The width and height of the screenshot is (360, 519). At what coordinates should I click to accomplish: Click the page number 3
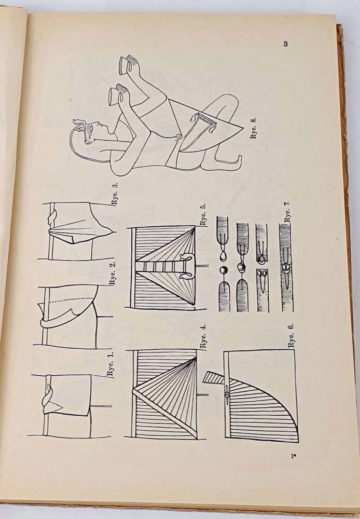pyautogui.click(x=286, y=44)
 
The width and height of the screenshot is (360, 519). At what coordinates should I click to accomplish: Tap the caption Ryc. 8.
pyautogui.click(x=254, y=127)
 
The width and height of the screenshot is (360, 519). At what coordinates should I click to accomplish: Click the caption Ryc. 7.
pyautogui.click(x=287, y=211)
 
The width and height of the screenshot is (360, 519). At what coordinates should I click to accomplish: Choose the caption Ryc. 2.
pyautogui.click(x=113, y=274)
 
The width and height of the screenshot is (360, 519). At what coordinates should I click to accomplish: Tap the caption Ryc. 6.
pyautogui.click(x=291, y=335)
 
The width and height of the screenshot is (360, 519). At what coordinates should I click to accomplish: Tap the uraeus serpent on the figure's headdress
pyautogui.click(x=79, y=125)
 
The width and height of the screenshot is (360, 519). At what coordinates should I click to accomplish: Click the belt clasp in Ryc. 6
pyautogui.click(x=227, y=394)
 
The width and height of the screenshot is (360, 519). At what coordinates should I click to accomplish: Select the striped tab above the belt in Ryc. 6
pyautogui.click(x=213, y=377)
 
